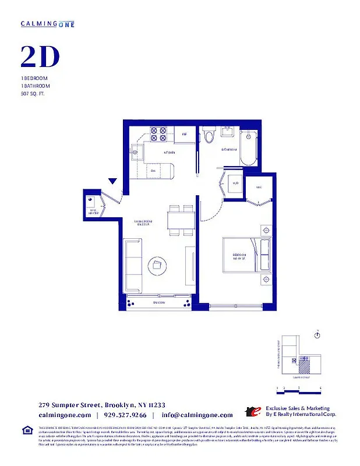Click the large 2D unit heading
[40, 57]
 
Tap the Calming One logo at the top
[47, 23]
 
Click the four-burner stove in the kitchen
[158, 135]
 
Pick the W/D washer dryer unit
[235, 183]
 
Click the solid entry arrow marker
[114, 182]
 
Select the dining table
[180, 220]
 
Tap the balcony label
[158, 303]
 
